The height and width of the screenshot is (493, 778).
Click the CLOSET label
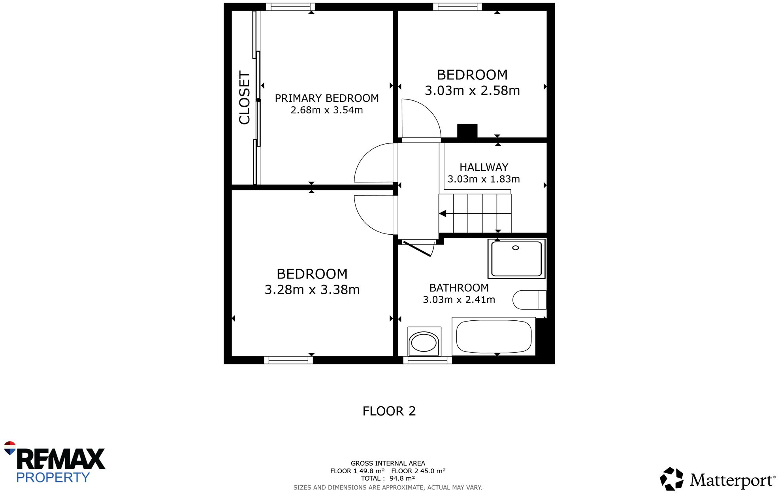pos(245,98)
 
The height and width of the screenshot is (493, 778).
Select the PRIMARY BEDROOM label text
pos(326,98)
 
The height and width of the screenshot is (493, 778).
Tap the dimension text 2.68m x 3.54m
pos(326,110)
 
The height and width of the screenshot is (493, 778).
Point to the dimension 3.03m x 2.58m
pos(472,90)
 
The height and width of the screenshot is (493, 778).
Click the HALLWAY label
pos(484,167)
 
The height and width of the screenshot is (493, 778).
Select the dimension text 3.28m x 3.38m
pos(312,290)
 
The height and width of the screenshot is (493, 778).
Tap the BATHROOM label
pos(459,288)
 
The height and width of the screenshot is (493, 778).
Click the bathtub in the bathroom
pos(494,336)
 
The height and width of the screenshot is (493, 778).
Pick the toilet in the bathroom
pos(529,300)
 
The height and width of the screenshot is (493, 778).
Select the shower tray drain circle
pos(515,248)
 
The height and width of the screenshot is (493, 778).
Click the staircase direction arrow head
pos(443,213)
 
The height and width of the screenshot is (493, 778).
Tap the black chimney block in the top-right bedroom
pos(467,131)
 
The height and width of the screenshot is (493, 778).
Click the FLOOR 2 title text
pos(389,411)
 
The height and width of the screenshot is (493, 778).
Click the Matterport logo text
pos(731,480)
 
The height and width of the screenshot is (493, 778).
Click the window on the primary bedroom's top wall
pos(290,7)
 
